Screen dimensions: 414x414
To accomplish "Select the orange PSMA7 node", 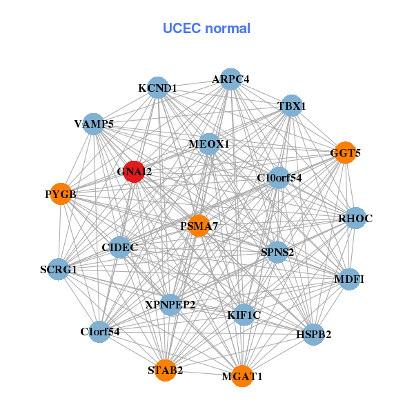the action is click(x=199, y=226).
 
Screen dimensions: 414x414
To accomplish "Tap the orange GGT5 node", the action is click(x=344, y=152).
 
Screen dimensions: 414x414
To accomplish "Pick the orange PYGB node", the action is click(x=61, y=194).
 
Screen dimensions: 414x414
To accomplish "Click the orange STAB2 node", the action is click(x=166, y=371).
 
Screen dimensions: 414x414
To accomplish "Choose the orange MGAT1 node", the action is click(x=241, y=376).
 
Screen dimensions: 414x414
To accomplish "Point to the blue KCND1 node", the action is click(x=158, y=88).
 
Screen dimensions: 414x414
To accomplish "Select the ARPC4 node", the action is click(x=230, y=79).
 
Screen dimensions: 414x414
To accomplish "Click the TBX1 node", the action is click(x=292, y=106).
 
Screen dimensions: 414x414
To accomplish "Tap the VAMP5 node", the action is click(x=94, y=124).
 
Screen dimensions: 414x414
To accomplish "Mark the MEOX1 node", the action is click(x=209, y=144).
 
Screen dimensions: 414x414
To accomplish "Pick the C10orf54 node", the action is click(x=279, y=178).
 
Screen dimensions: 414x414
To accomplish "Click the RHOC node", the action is click(x=355, y=219).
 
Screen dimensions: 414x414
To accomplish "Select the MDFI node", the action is click(x=349, y=279).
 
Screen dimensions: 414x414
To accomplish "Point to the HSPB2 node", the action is click(x=314, y=335).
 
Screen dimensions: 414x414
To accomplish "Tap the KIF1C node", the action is click(x=244, y=315).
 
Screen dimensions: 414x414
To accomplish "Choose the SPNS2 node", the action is click(x=277, y=252).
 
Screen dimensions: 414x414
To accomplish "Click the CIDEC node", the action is click(x=120, y=247).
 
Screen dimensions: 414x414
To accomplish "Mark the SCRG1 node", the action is click(x=59, y=269).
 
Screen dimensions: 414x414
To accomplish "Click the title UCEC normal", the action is click(x=206, y=28).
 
